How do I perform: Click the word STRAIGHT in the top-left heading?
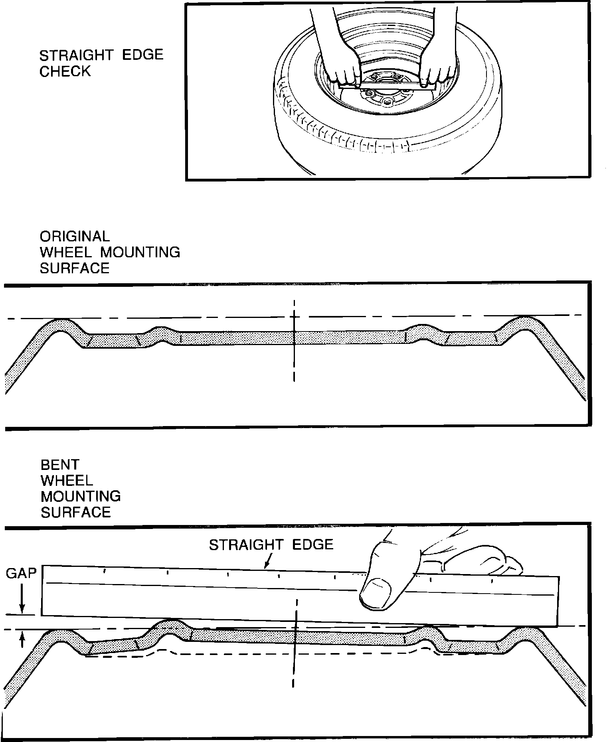pyautogui.click(x=74, y=55)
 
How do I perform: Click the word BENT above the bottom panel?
pyautogui.click(x=60, y=464)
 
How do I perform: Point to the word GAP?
pyautogui.click(x=21, y=573)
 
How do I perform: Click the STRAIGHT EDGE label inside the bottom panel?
pyautogui.click(x=271, y=545)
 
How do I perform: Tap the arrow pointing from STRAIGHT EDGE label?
pyautogui.click(x=267, y=562)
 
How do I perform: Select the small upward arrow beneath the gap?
pyautogui.click(x=22, y=641)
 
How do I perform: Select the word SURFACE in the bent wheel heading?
pyautogui.click(x=75, y=512)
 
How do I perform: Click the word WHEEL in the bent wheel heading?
pyautogui.click(x=67, y=480)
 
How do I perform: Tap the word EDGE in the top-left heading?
pyautogui.click(x=142, y=55)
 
